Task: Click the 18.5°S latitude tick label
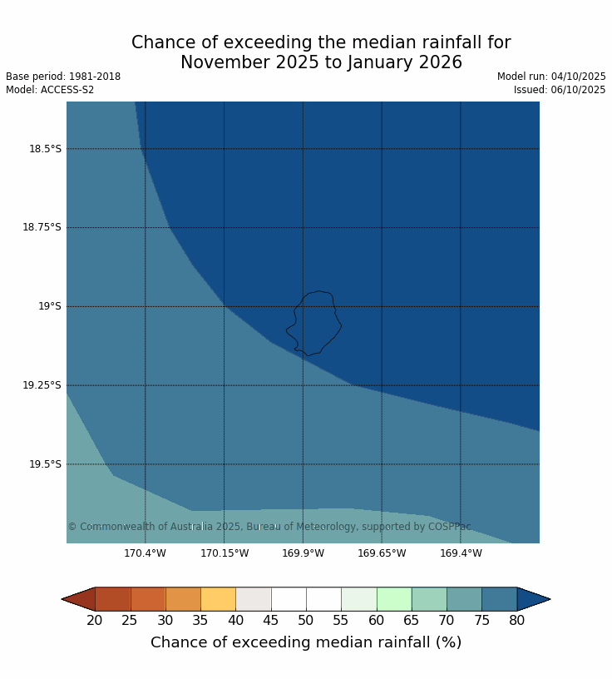pyautogui.click(x=45, y=149)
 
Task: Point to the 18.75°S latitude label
pyautogui.click(x=42, y=227)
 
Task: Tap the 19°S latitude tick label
pyautogui.click(x=49, y=306)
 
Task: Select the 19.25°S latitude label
pyautogui.click(x=42, y=385)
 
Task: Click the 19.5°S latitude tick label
pyautogui.click(x=45, y=464)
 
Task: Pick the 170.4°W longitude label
pyautogui.click(x=145, y=553)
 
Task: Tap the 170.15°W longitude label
pyautogui.click(x=224, y=553)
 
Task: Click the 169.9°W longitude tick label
pyautogui.click(x=303, y=553)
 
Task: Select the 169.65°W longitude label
pyautogui.click(x=382, y=553)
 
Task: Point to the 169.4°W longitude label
pyautogui.click(x=461, y=553)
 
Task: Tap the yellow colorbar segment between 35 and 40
pyautogui.click(x=218, y=599)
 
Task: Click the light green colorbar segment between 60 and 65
pyautogui.click(x=393, y=599)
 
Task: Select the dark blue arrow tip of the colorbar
pyautogui.click(x=532, y=599)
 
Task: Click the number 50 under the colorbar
pyautogui.click(x=306, y=621)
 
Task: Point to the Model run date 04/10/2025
pyautogui.click(x=578, y=77)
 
